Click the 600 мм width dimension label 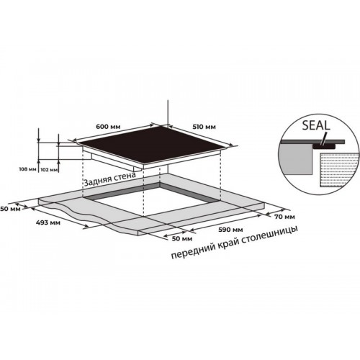108,126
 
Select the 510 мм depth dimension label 204,127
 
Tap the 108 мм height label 28,169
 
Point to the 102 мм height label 50,169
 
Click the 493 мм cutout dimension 48,222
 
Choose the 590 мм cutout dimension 230,230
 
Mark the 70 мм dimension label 284,217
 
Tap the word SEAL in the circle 316,125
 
